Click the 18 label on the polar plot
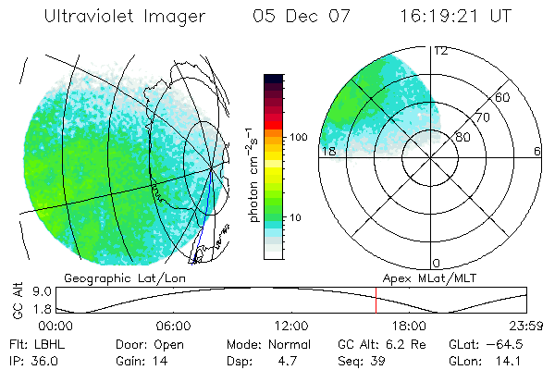pyautogui.click(x=327, y=151)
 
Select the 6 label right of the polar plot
pyautogui.click(x=536, y=151)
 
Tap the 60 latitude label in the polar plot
pyautogui.click(x=503, y=97)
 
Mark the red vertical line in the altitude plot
pyautogui.click(x=376, y=302)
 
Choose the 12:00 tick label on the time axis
pyautogui.click(x=291, y=326)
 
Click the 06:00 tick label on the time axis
pyautogui.click(x=173, y=326)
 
